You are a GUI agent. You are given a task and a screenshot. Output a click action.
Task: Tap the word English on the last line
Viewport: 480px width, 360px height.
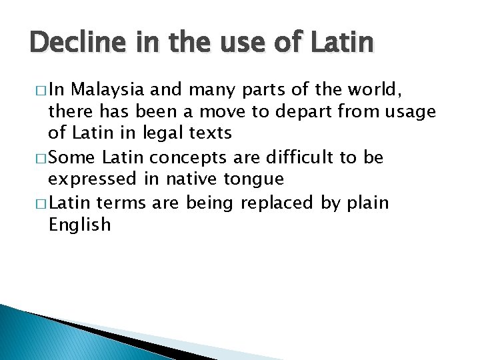[x=79, y=225]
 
